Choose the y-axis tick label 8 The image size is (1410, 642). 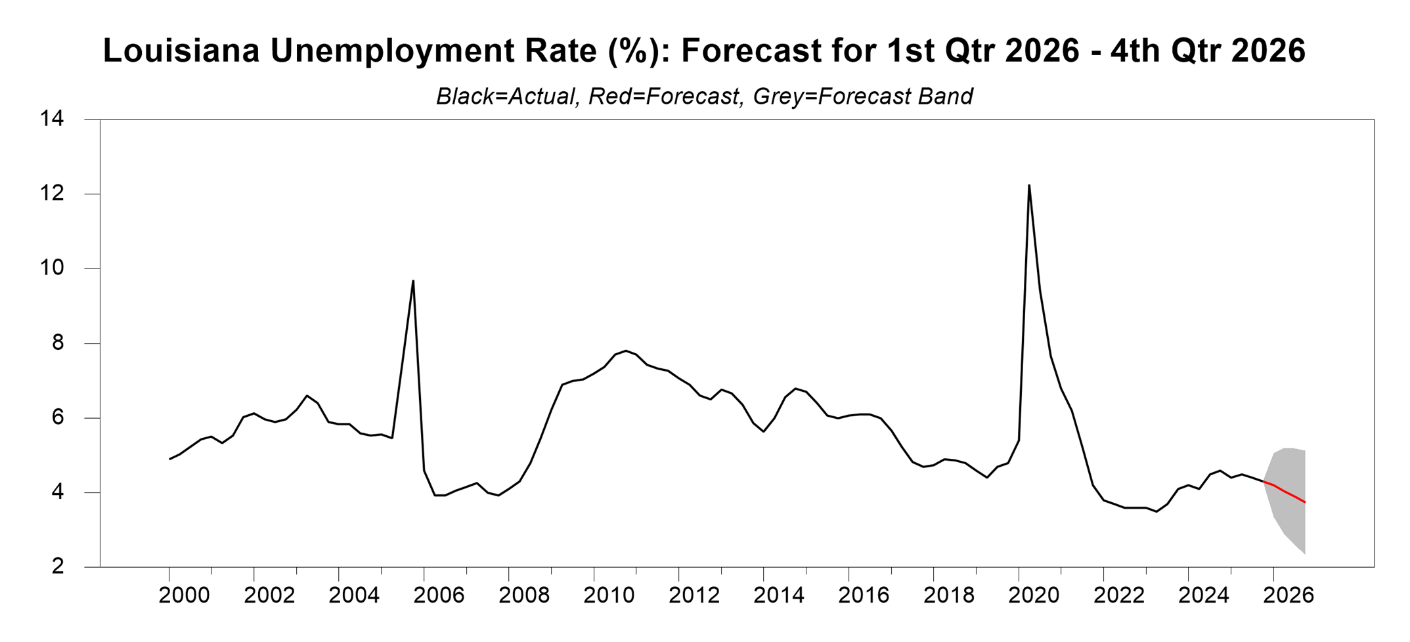click(58, 343)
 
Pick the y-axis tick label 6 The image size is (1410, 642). click(58, 418)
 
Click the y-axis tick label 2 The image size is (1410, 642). click(58, 566)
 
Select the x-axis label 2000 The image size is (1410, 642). click(185, 595)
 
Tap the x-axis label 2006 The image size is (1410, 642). click(439, 595)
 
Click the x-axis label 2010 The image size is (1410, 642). click(609, 595)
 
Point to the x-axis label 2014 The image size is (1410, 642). click(779, 595)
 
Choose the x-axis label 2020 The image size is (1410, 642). click(1034, 595)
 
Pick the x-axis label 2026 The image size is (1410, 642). click(1289, 595)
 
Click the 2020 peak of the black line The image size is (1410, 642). click(1029, 186)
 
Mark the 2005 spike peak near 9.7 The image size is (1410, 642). click(413, 281)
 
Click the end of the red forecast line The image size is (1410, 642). click(1304, 502)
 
